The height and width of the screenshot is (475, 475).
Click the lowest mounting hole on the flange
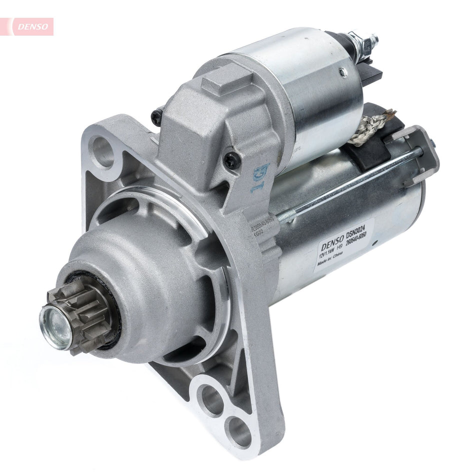[x=238, y=429]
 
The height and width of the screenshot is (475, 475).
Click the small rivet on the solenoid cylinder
[x=342, y=72]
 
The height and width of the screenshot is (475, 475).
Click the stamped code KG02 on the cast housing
[x=259, y=231]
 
